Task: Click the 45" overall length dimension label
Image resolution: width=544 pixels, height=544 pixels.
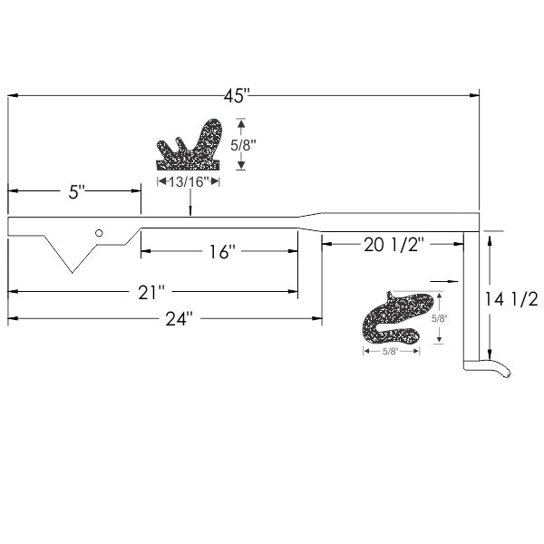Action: [x=237, y=96]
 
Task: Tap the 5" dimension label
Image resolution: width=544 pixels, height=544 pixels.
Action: [x=76, y=192]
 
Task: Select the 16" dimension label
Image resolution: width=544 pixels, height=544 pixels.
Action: [x=222, y=251]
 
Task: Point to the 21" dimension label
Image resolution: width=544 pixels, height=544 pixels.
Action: [x=151, y=292]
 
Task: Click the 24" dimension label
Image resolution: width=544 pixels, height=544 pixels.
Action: [x=179, y=318]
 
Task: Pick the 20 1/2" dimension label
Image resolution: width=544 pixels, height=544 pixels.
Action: [x=394, y=245]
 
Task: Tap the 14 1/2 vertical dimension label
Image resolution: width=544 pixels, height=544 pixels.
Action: [x=511, y=298]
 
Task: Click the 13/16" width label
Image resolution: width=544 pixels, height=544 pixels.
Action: [x=189, y=181]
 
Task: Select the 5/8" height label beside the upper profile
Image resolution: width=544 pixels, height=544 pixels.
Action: [x=243, y=145]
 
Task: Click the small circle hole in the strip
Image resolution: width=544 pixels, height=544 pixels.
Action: [x=99, y=233]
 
